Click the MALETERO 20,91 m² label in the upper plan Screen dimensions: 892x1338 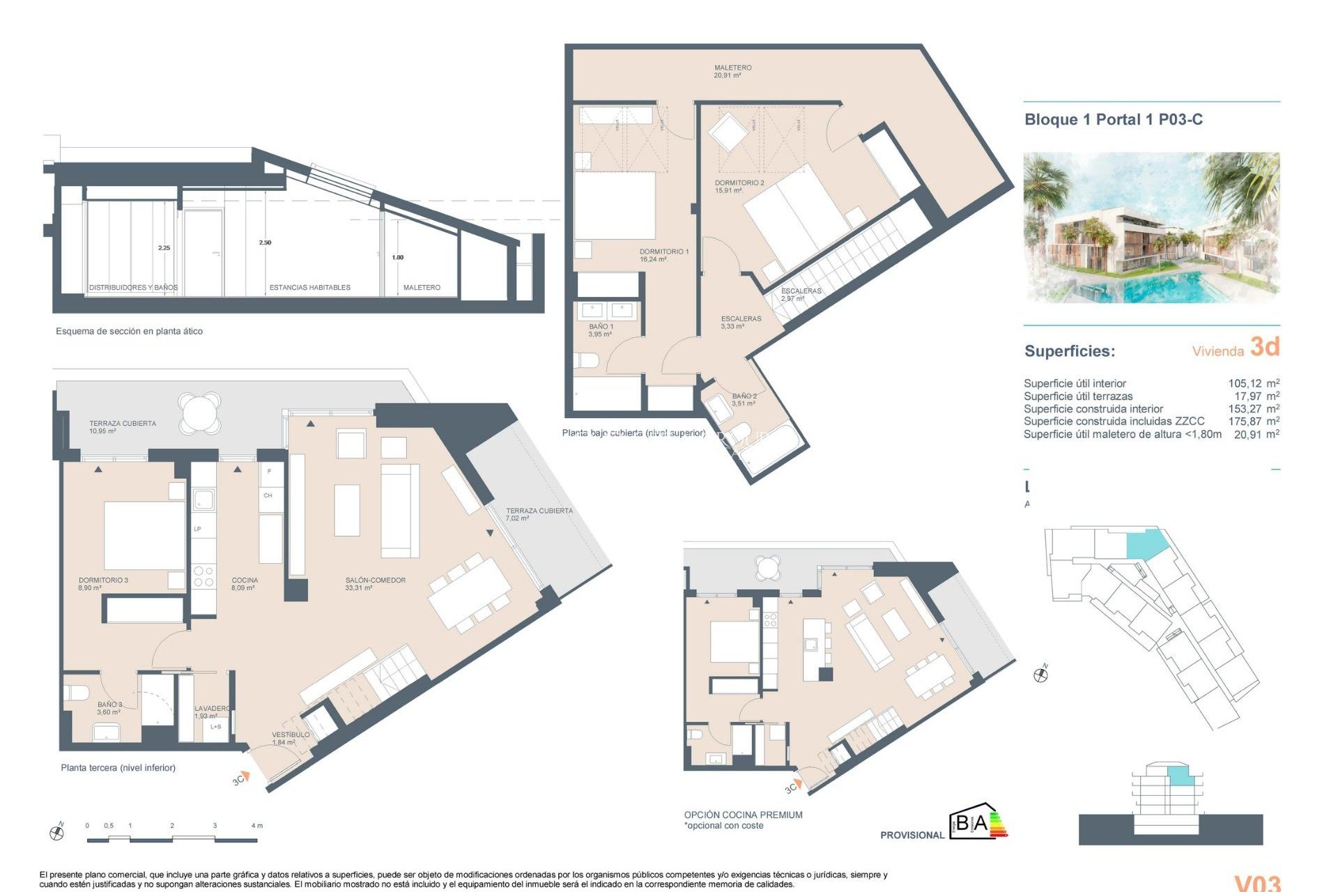click(732, 71)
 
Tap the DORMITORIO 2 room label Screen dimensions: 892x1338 click(739, 186)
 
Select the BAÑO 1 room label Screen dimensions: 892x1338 click(601, 330)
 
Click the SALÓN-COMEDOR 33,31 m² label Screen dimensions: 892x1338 click(375, 583)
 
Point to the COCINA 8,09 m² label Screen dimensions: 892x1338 click(245, 583)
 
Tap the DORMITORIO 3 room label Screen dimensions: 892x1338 click(103, 583)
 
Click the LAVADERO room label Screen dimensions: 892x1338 click(211, 711)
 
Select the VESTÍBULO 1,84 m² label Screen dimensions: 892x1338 click(290, 738)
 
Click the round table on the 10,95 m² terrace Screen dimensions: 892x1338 click(199, 412)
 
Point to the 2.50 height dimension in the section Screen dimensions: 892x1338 click(265, 243)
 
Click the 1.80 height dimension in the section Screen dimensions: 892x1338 click(397, 257)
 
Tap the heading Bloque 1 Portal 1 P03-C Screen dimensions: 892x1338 click(1113, 119)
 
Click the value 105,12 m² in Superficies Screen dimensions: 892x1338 click(1253, 383)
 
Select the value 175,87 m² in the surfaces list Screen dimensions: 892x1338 click(1253, 421)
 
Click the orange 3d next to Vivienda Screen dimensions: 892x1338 click(1264, 346)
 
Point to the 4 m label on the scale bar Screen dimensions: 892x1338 click(256, 825)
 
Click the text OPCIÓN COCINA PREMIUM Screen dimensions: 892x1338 click(743, 815)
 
